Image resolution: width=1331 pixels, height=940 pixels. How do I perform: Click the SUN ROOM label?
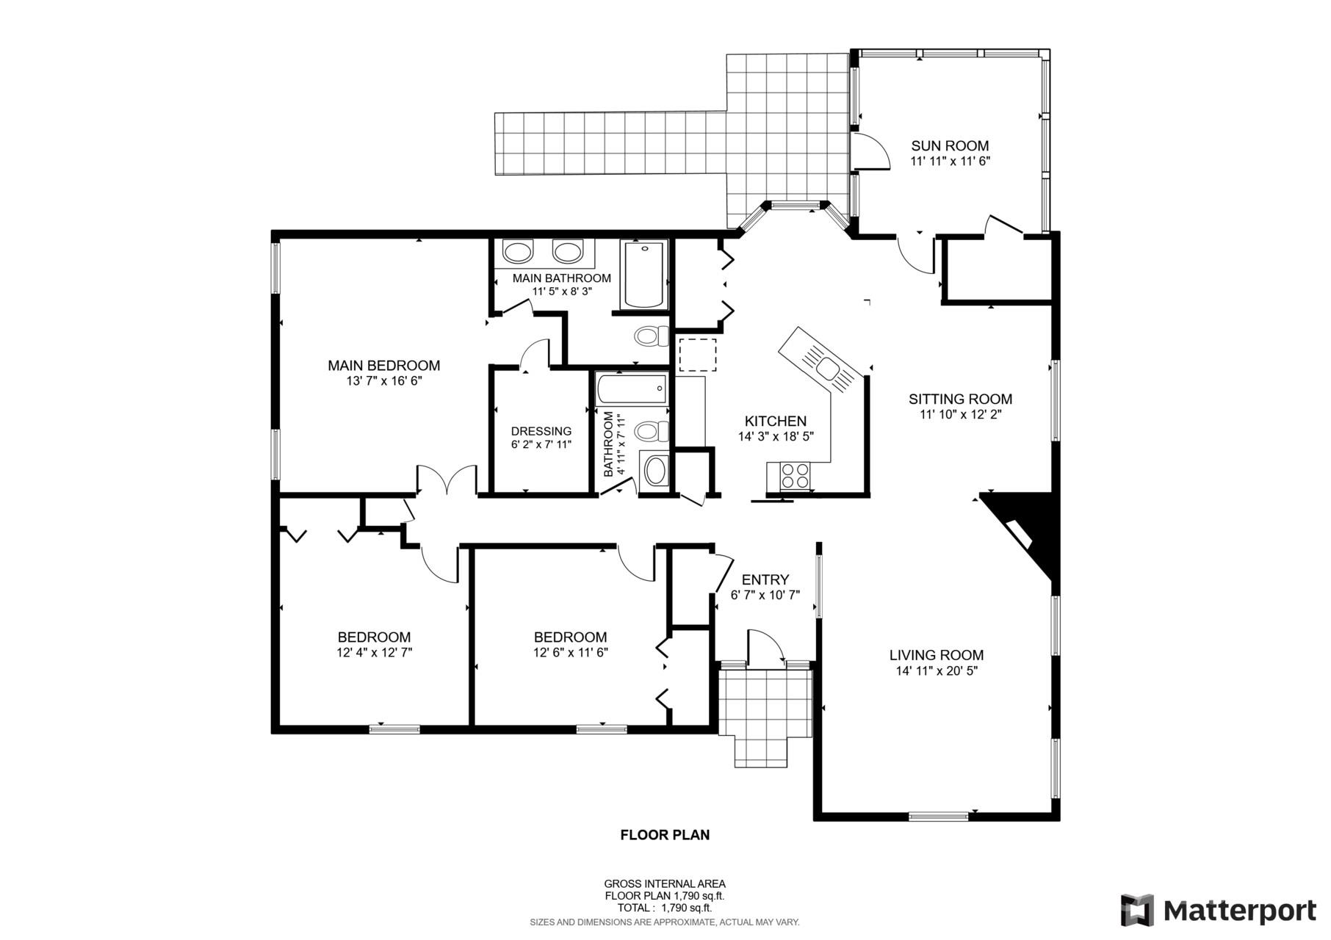pos(950,145)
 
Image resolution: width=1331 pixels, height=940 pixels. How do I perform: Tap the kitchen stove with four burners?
pos(795,475)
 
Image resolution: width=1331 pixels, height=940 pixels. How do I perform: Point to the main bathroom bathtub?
pos(644,275)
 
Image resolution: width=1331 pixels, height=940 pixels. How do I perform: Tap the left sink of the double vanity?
pos(519,252)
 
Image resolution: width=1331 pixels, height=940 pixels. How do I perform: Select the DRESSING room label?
pos(541,431)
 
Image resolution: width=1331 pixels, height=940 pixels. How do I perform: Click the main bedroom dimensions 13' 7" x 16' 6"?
pos(383,381)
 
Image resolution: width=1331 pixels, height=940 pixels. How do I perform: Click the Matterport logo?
pos(1218,911)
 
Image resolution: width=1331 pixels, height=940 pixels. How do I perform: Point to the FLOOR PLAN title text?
pos(665,835)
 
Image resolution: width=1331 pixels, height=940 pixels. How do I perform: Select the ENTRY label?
pos(765,579)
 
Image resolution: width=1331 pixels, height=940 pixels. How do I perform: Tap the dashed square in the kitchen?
pos(696,355)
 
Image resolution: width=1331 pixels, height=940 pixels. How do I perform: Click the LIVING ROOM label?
pos(936,655)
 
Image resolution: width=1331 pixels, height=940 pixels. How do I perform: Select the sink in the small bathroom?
pos(655,470)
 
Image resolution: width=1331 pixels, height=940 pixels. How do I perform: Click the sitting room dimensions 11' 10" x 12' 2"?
pos(960,414)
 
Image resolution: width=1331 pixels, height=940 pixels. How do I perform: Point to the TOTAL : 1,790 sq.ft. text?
pos(665,908)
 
